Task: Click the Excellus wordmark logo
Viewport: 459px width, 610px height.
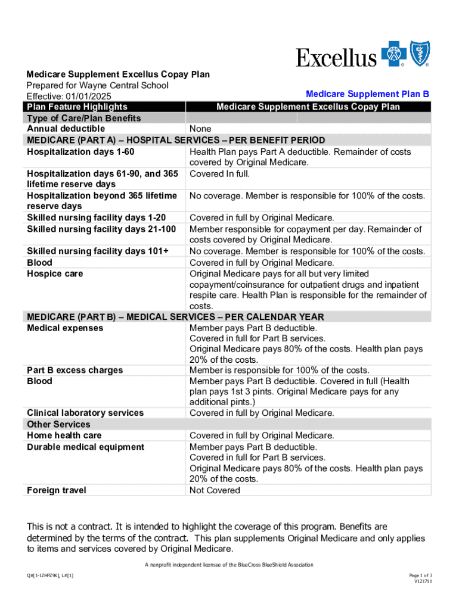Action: coord(337,58)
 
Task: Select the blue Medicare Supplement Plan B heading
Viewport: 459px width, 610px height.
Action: coord(367,94)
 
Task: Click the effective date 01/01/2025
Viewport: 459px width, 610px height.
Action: coord(89,97)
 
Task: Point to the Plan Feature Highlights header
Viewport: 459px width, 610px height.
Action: coord(77,107)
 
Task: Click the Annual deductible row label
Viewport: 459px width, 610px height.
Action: coord(66,129)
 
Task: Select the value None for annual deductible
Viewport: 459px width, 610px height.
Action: coord(200,129)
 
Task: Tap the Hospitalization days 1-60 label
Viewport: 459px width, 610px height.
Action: coord(80,152)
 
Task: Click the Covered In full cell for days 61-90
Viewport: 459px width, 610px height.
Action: coord(219,174)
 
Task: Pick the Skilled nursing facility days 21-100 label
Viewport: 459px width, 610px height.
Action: coord(101,229)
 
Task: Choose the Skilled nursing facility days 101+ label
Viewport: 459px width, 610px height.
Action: coord(98,251)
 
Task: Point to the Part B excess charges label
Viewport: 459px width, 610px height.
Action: coord(75,371)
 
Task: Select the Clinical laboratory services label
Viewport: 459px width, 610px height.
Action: coord(85,413)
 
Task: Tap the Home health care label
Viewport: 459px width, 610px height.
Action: coord(64,435)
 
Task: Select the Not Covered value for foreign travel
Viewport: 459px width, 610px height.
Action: coord(215,491)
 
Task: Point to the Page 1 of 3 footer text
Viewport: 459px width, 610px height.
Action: coord(420,575)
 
